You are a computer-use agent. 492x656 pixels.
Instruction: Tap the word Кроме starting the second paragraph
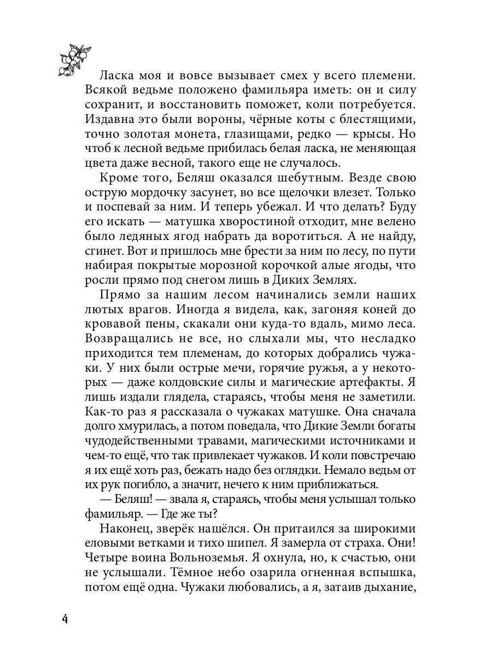click(120, 179)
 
